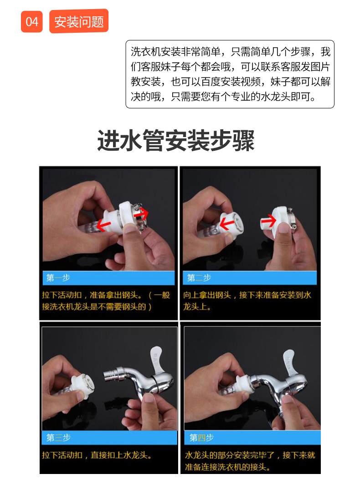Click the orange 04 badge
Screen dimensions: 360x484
[31, 21]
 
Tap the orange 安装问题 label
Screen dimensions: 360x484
[79, 21]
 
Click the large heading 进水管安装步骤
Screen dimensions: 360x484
[176, 140]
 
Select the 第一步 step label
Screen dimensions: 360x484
[58, 278]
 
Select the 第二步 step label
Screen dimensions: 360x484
[199, 278]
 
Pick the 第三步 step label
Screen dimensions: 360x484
[58, 438]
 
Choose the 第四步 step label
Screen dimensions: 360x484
[201, 438]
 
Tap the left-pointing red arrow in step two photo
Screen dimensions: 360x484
[227, 222]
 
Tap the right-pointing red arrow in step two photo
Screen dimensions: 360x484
[268, 221]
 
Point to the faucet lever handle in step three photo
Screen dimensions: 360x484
[157, 361]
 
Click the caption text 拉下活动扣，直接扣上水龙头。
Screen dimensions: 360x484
[97, 455]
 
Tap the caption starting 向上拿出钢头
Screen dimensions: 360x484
[247, 301]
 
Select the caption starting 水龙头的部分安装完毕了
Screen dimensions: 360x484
[250, 461]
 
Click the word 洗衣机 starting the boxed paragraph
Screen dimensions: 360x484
[145, 51]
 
